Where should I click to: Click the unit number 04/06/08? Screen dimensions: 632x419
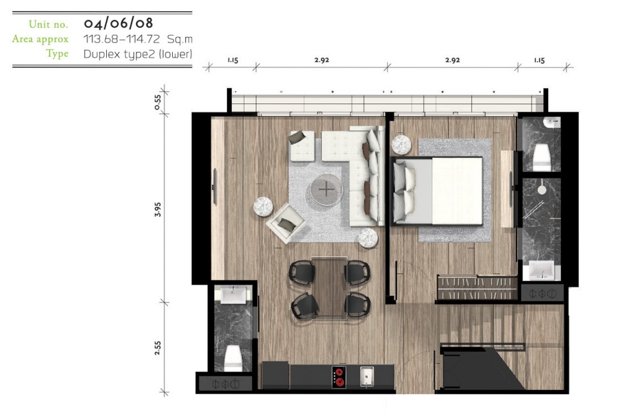[x=118, y=23]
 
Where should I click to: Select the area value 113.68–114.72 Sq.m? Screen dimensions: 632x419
[x=138, y=39]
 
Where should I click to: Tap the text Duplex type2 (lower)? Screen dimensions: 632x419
[x=138, y=54]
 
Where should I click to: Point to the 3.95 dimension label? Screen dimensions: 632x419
[x=157, y=209]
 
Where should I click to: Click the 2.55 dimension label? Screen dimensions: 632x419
[x=157, y=348]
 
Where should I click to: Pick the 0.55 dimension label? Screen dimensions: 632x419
[x=157, y=102]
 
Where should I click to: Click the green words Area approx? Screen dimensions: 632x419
[x=40, y=39]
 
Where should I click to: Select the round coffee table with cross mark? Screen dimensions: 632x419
[x=326, y=189]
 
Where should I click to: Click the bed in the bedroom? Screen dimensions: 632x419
[x=437, y=191]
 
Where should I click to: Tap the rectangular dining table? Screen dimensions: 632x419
[x=329, y=288]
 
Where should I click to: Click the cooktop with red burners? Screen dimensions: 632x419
[x=339, y=376]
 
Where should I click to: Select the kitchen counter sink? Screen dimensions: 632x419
[x=367, y=376]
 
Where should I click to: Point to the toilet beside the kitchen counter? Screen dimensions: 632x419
[x=233, y=358]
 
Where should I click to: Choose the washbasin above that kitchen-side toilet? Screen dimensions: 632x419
[x=233, y=295]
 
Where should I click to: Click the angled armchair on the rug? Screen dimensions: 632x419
[x=285, y=223]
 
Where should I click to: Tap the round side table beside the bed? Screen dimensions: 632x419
[x=401, y=145]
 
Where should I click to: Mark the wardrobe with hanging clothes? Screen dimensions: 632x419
[x=477, y=288]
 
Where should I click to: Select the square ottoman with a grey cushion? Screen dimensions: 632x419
[x=302, y=145]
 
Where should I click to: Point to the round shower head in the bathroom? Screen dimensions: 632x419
[x=542, y=190]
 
